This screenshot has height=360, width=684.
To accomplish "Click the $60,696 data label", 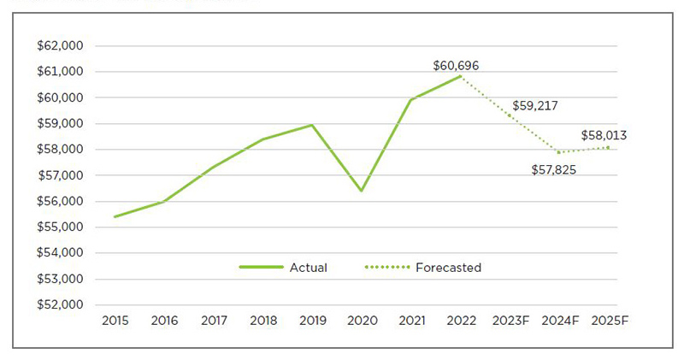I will tap(462, 65).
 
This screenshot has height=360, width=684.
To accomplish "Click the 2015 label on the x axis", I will tap(115, 322).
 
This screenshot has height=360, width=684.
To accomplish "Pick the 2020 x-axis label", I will tap(362, 322).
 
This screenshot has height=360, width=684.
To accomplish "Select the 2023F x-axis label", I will tap(510, 322).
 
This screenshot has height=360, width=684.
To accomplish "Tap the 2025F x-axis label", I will tap(610, 322).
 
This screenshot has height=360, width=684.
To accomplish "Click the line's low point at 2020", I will tap(362, 191).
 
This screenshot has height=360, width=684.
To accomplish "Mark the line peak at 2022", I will tap(461, 76).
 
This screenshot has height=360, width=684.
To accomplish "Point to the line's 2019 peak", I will tap(313, 125).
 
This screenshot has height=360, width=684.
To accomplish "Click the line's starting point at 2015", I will tap(115, 216).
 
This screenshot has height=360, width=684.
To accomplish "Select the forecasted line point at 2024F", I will tap(559, 152).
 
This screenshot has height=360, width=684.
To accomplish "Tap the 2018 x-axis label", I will tap(263, 322).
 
